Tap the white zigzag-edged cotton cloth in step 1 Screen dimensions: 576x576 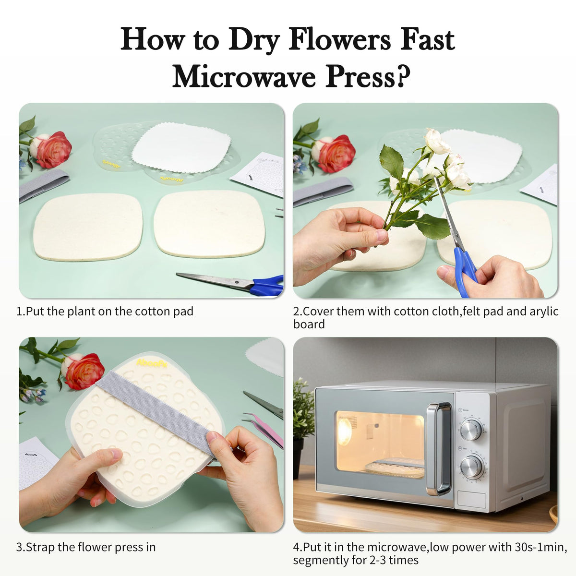[181, 148]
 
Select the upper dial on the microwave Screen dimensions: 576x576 [471, 430]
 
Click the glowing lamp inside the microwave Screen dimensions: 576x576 [345, 431]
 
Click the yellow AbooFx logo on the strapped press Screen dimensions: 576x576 [152, 362]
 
